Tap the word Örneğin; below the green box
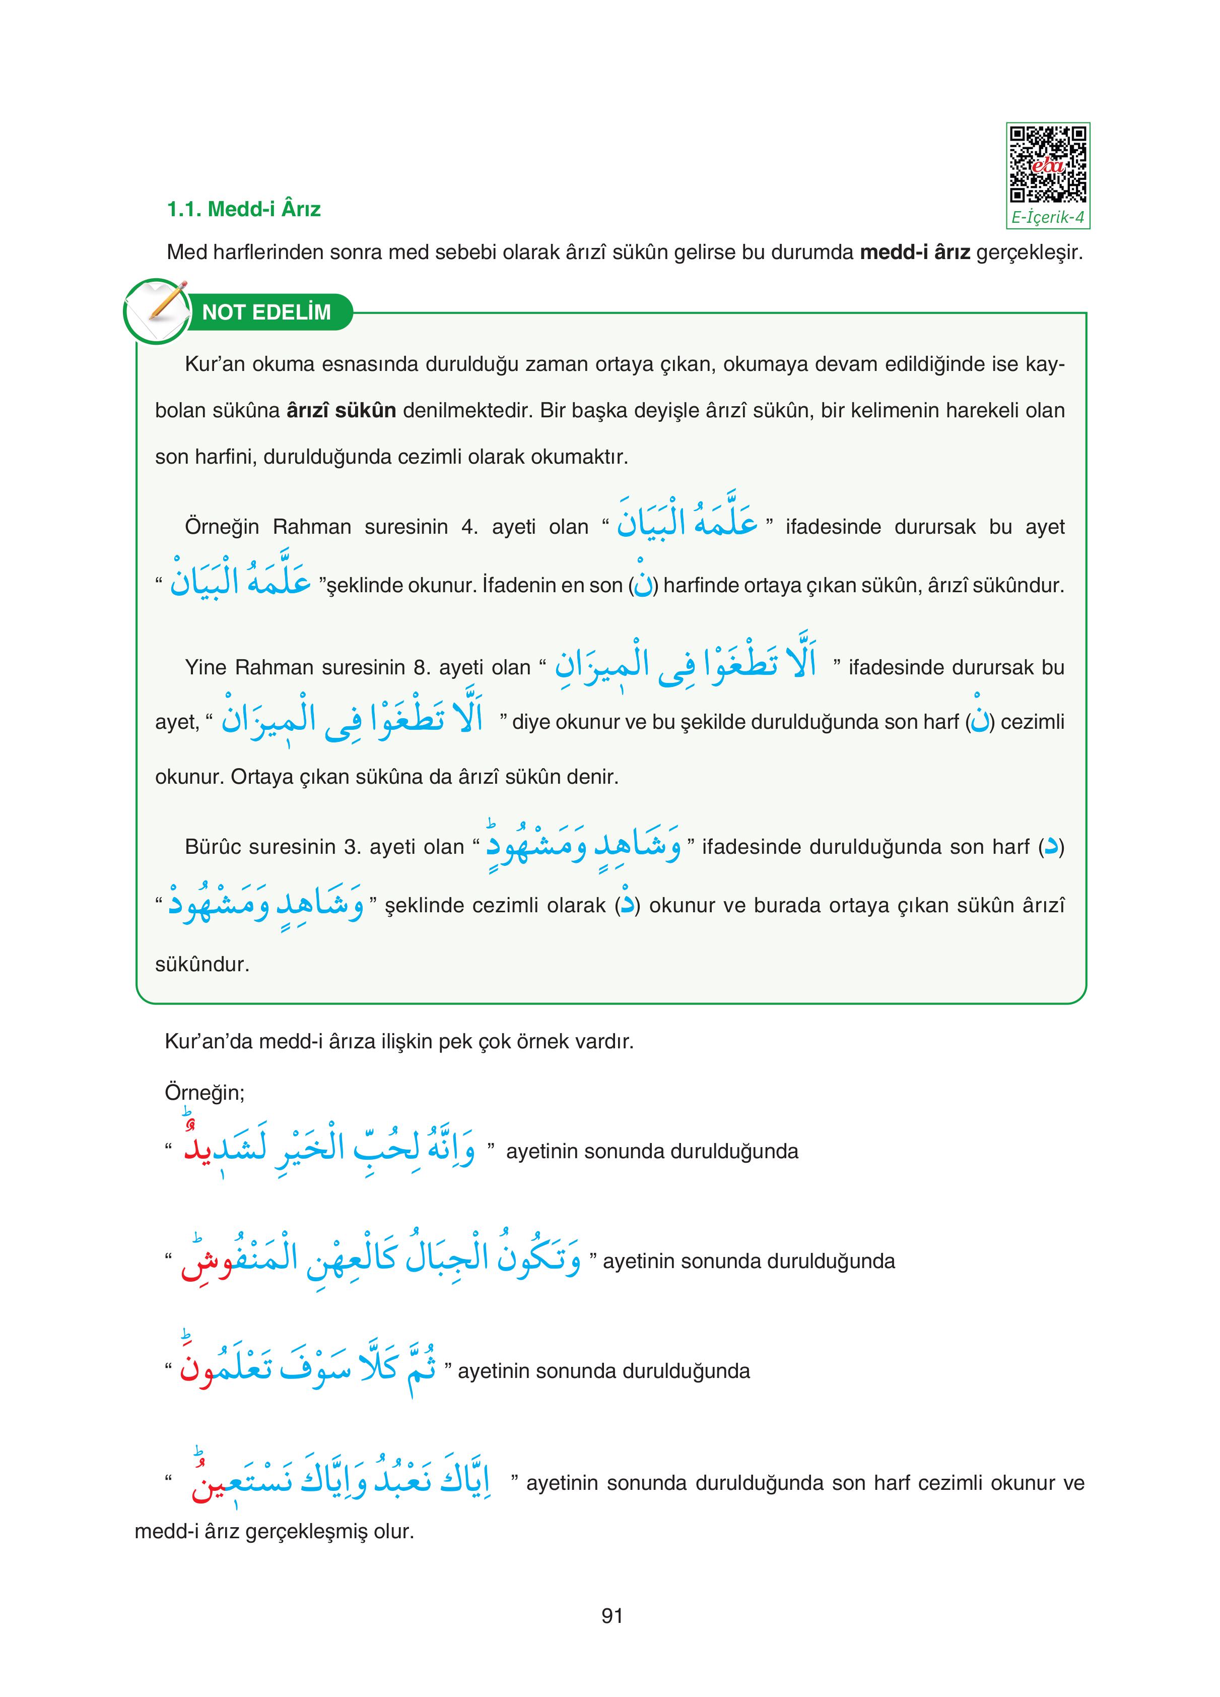204,1093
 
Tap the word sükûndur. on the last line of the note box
202,965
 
